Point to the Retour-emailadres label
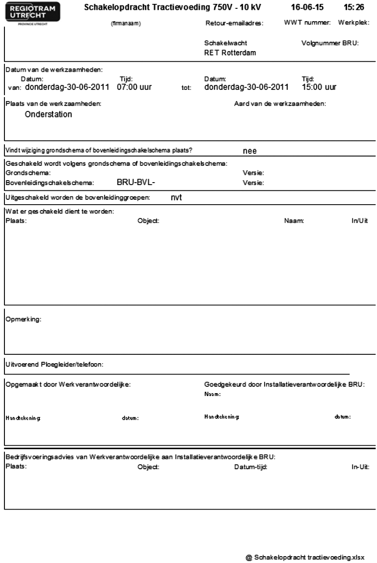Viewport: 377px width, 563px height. (234, 24)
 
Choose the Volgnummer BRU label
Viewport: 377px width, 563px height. (330, 43)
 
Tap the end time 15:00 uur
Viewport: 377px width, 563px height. (319, 87)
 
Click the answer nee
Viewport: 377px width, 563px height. (250, 151)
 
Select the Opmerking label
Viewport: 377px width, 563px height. (24, 320)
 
